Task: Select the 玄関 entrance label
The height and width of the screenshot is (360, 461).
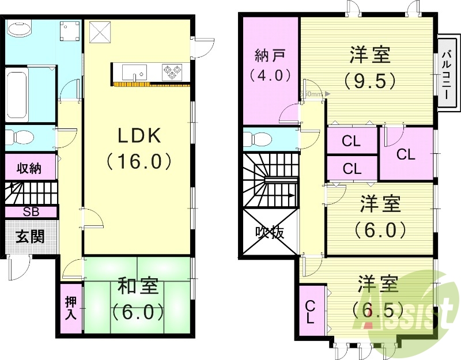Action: (30, 236)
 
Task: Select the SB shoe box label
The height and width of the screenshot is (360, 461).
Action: (31, 211)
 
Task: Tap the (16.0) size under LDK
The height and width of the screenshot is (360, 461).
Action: (138, 161)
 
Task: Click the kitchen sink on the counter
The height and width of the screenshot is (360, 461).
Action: (135, 73)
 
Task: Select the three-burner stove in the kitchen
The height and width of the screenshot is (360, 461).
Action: (171, 71)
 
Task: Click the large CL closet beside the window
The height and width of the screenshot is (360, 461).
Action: (406, 154)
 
